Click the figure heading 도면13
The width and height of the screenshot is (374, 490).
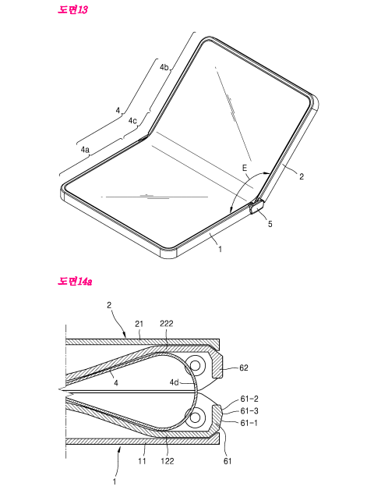tap(72, 9)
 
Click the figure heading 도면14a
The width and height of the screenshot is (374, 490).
tap(75, 281)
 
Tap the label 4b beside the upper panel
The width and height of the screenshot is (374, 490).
tap(164, 67)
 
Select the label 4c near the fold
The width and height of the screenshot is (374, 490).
tap(132, 121)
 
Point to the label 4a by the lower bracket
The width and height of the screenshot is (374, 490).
tap(85, 150)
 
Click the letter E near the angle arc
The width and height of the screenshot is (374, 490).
tap(245, 168)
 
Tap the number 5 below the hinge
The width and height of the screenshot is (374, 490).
tap(270, 224)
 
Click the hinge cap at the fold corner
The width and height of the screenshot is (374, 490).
tap(257, 207)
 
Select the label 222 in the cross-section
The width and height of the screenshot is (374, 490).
tap(167, 324)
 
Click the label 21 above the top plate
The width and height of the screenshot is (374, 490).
tap(139, 324)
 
